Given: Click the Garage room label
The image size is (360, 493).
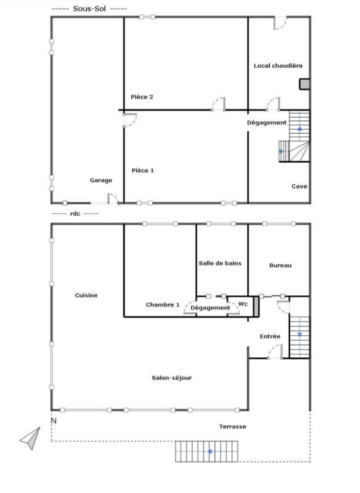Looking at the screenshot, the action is [x=101, y=181].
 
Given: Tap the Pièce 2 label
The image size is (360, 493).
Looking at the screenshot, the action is [x=142, y=97].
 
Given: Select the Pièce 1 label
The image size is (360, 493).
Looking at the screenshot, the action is [x=143, y=171].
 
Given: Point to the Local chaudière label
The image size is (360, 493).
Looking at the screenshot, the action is [x=278, y=66].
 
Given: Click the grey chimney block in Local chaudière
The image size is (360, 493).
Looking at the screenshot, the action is [x=305, y=84].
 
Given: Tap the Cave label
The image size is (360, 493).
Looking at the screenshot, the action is [x=300, y=186].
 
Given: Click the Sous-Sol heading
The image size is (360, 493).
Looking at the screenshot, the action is [x=89, y=9].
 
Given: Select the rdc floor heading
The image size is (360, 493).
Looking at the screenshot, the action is [x=75, y=213].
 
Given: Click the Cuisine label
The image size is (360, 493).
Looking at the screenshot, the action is [x=86, y=295].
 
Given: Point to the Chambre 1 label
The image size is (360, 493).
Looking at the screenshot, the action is [x=163, y=304].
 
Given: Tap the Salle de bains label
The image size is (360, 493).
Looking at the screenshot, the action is [x=220, y=263].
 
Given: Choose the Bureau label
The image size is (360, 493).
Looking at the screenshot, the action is [x=280, y=266].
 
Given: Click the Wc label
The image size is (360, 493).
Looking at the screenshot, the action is [x=243, y=304].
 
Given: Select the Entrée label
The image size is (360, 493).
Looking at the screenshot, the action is [x=270, y=336].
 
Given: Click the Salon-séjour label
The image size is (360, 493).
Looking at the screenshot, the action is [x=171, y=378].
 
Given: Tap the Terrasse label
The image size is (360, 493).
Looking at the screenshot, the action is [x=232, y=426].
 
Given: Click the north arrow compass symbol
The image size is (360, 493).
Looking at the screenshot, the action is [x=31, y=438].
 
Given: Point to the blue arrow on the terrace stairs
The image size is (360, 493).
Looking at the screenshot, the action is [x=209, y=452].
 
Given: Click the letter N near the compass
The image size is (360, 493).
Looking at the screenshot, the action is [x=54, y=421].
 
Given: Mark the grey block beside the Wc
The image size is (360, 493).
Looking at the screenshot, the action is [x=256, y=306].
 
